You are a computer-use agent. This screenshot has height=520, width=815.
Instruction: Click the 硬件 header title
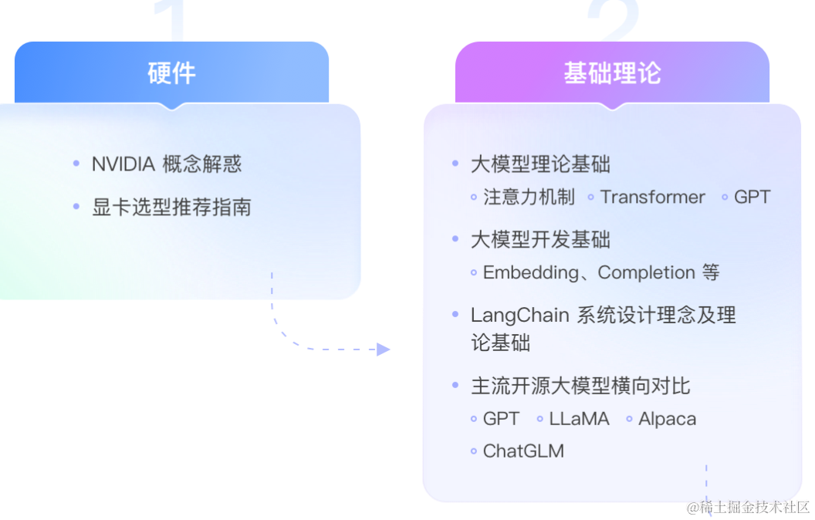(171, 73)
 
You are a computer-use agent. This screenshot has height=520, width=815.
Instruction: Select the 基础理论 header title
(612, 73)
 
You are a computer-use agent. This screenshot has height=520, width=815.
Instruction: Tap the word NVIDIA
(123, 164)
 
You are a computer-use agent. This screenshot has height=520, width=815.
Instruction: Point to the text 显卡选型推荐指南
(171, 208)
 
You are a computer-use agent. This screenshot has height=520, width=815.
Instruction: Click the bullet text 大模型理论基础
(540, 164)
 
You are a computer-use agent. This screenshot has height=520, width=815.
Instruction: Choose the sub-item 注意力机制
(529, 198)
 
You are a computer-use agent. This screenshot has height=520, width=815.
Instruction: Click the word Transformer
(652, 198)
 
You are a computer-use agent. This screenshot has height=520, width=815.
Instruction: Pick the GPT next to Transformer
(752, 198)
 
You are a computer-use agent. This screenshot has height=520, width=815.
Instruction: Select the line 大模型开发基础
(540, 240)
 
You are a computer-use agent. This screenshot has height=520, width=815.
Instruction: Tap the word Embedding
(530, 273)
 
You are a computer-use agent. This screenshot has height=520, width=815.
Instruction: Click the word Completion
(646, 273)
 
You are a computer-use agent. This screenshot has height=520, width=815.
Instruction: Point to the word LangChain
(519, 316)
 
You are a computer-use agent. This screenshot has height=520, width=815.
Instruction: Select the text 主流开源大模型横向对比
(580, 385)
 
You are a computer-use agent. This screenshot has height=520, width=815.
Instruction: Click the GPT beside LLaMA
(501, 419)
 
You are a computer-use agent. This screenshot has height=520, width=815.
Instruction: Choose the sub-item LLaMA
(579, 419)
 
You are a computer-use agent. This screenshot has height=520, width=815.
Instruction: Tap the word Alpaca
(667, 419)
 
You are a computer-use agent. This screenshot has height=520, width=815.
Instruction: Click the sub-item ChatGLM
(523, 451)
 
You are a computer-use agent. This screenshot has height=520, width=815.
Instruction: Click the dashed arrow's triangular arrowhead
(383, 349)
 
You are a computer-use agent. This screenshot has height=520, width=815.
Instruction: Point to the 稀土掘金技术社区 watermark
(749, 507)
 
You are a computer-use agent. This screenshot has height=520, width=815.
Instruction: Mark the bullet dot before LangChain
(455, 315)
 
